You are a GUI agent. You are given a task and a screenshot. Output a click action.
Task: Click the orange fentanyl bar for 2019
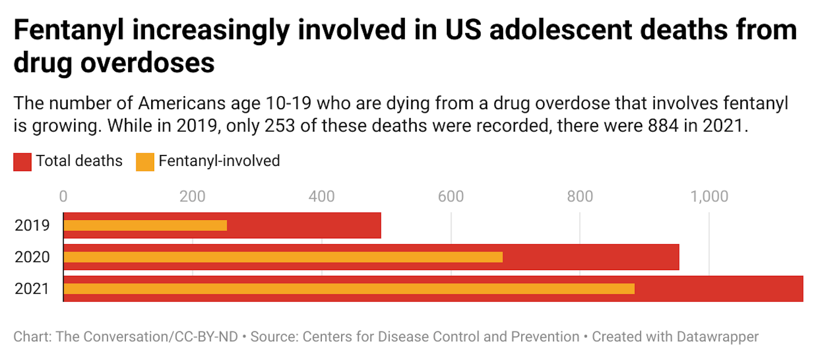click(145, 225)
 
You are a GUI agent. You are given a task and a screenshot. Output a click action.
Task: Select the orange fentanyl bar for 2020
click(283, 257)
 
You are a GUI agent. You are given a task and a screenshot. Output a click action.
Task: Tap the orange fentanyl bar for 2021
click(349, 288)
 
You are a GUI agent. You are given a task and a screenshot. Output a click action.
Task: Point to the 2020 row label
click(32, 257)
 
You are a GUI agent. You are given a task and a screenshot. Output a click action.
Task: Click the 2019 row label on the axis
click(32, 225)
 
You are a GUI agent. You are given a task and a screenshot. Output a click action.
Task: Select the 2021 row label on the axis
click(32, 289)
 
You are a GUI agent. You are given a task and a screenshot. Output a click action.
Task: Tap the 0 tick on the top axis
click(63, 196)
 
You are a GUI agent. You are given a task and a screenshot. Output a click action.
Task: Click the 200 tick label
click(192, 196)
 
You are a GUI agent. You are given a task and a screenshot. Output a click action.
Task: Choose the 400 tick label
click(322, 196)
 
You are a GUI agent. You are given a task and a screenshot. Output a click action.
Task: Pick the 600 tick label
click(451, 196)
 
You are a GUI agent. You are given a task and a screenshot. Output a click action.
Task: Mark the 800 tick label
click(580, 196)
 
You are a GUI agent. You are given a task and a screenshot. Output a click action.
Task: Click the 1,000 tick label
click(709, 196)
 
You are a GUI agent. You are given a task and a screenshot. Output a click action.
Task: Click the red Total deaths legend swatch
click(22, 162)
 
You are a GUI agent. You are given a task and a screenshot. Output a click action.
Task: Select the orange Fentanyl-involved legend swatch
click(145, 162)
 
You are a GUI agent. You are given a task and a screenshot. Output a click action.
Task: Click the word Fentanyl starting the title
click(69, 31)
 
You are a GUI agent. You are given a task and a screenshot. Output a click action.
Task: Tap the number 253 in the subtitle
click(279, 126)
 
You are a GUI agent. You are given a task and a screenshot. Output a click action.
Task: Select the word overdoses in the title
click(147, 63)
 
